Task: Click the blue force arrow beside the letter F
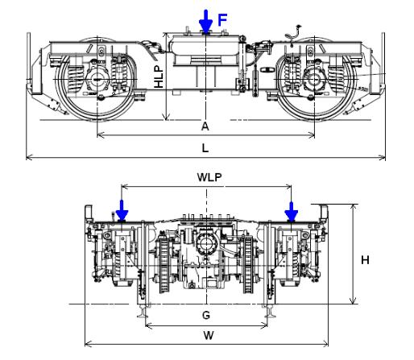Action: tap(207, 19)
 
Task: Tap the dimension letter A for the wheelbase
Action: tap(205, 126)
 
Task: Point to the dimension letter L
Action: tap(205, 148)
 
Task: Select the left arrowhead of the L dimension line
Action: tap(29, 156)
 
